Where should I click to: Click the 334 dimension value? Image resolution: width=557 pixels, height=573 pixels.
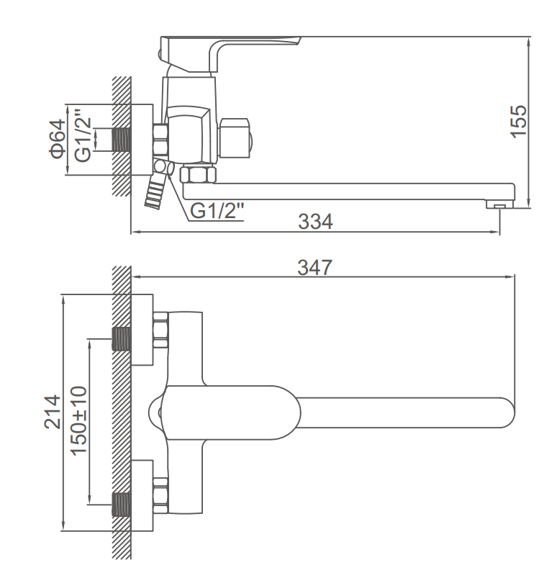316,222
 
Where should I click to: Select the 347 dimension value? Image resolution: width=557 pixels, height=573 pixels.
315,268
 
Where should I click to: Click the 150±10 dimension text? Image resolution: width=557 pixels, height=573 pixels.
78,419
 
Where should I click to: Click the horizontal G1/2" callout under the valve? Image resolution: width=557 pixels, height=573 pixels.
217,211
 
